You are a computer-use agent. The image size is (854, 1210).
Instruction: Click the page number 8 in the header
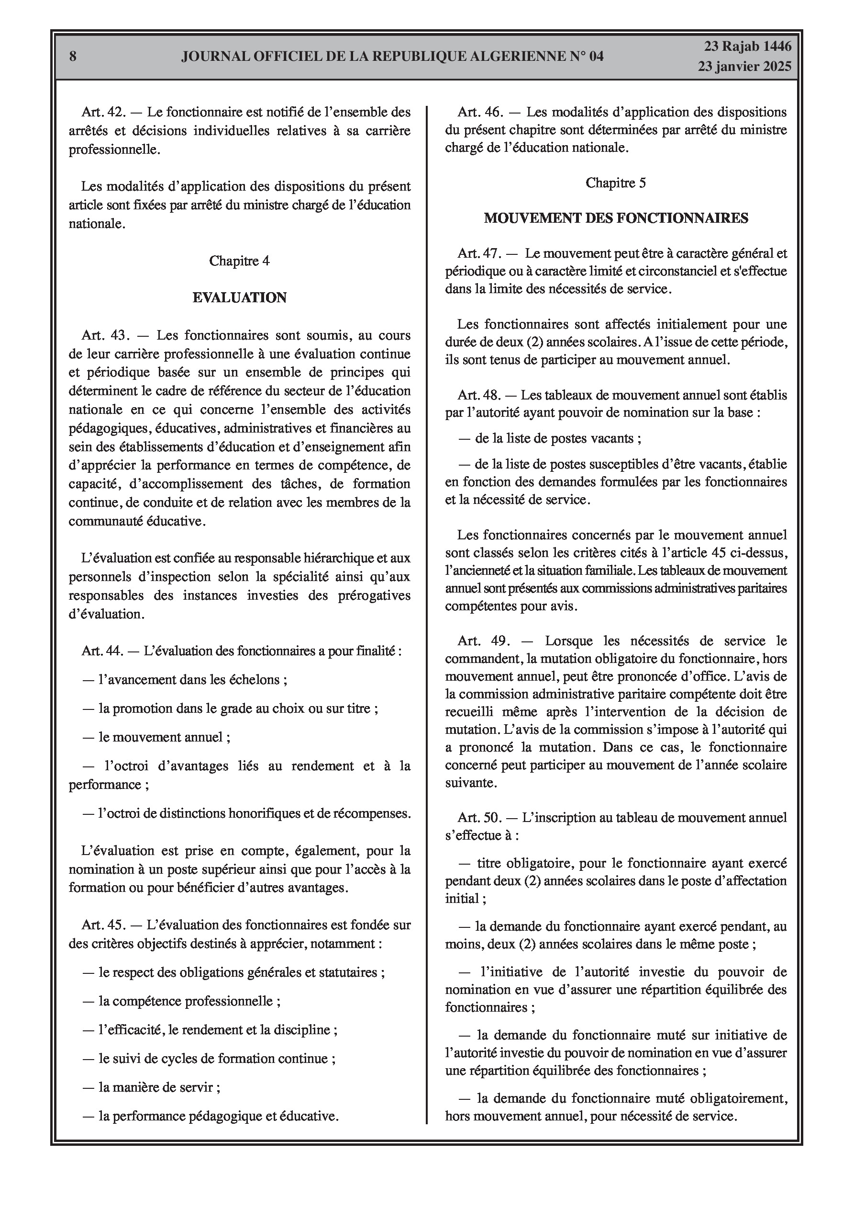pos(73,57)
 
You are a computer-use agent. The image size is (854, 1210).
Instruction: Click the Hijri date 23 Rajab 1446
pos(748,46)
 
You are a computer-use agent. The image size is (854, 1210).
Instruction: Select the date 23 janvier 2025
pos(744,67)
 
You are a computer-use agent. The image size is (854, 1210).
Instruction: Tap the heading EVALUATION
pos(240,298)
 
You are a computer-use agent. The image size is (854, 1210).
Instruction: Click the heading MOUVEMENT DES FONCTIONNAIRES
pos(616,218)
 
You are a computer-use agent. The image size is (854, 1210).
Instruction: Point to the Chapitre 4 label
pos(240,261)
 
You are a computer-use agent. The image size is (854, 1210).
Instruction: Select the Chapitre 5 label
pos(615,183)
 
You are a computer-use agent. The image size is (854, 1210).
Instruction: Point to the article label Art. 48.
pos(479,395)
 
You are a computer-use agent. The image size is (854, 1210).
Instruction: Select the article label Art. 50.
pos(479,817)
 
